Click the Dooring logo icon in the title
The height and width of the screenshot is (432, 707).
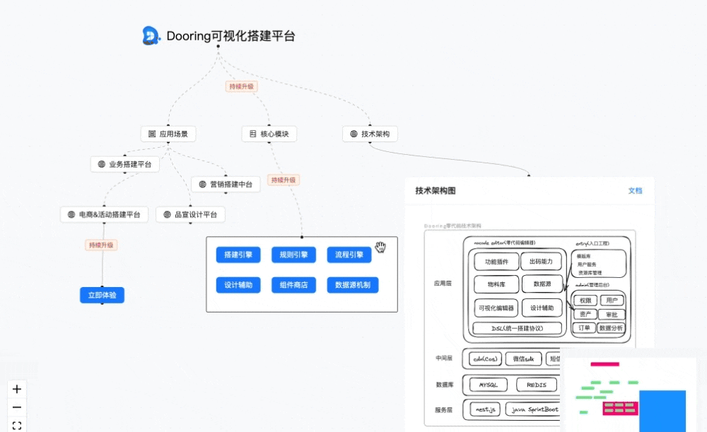(151, 35)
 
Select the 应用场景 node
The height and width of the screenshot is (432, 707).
(168, 134)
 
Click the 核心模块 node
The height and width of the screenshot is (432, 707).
(269, 134)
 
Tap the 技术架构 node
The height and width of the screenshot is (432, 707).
(370, 134)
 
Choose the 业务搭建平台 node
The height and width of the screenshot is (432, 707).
(125, 164)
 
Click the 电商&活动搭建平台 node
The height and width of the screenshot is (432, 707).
(104, 214)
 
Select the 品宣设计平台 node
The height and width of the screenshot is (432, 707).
(191, 214)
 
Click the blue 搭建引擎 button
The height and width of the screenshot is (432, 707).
(238, 255)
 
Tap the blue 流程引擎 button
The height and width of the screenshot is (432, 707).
(349, 255)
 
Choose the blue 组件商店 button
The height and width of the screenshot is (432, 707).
(293, 285)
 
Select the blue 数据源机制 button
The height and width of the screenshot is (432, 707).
(353, 285)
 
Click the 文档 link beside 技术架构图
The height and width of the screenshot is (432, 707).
(635, 191)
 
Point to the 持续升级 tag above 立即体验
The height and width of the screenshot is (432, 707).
(101, 245)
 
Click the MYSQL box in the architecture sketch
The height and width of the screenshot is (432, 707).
(489, 385)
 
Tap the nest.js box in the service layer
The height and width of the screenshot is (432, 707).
(484, 409)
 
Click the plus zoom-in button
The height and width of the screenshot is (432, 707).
(17, 389)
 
